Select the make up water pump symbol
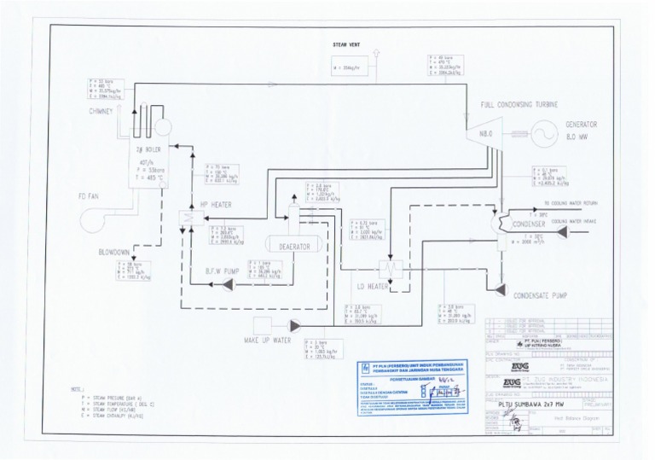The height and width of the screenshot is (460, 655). click(x=295, y=324)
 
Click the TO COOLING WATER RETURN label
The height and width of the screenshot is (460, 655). click(x=568, y=202)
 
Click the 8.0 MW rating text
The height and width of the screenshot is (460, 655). click(x=577, y=134)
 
